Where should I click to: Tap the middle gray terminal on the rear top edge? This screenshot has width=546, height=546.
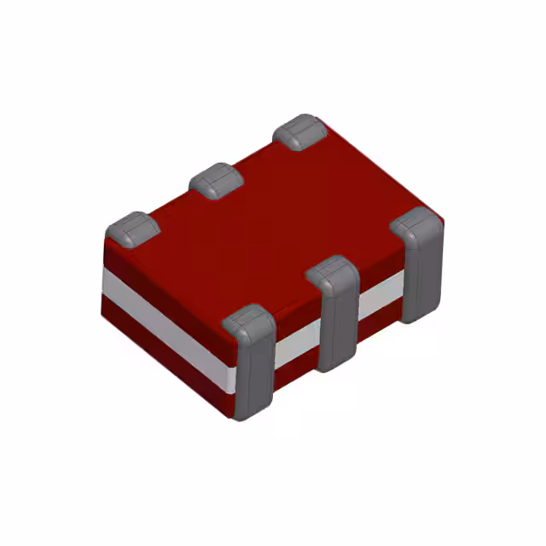(218, 180)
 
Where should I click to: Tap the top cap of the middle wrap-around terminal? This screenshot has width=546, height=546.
(331, 273)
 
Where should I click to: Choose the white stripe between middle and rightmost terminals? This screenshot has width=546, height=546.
(380, 299)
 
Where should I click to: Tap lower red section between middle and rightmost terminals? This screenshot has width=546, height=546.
(379, 322)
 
